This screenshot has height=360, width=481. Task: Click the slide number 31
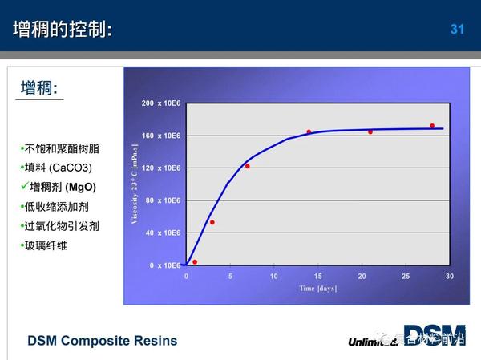pos(458,30)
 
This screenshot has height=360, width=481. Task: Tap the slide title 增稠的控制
pos(63,30)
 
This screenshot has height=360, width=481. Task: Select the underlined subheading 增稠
pos(39,88)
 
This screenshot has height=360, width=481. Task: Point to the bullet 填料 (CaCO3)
pos(58,168)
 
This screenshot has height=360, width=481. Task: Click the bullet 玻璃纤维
pos(46,245)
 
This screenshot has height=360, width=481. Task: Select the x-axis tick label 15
pos(317,276)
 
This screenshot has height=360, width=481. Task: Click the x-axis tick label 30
pos(450,276)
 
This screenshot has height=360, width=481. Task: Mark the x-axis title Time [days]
pos(319,288)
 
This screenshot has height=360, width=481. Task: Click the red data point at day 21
pos(370,131)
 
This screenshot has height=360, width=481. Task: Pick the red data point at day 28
pos(432,126)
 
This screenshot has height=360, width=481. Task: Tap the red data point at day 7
pos(248,166)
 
